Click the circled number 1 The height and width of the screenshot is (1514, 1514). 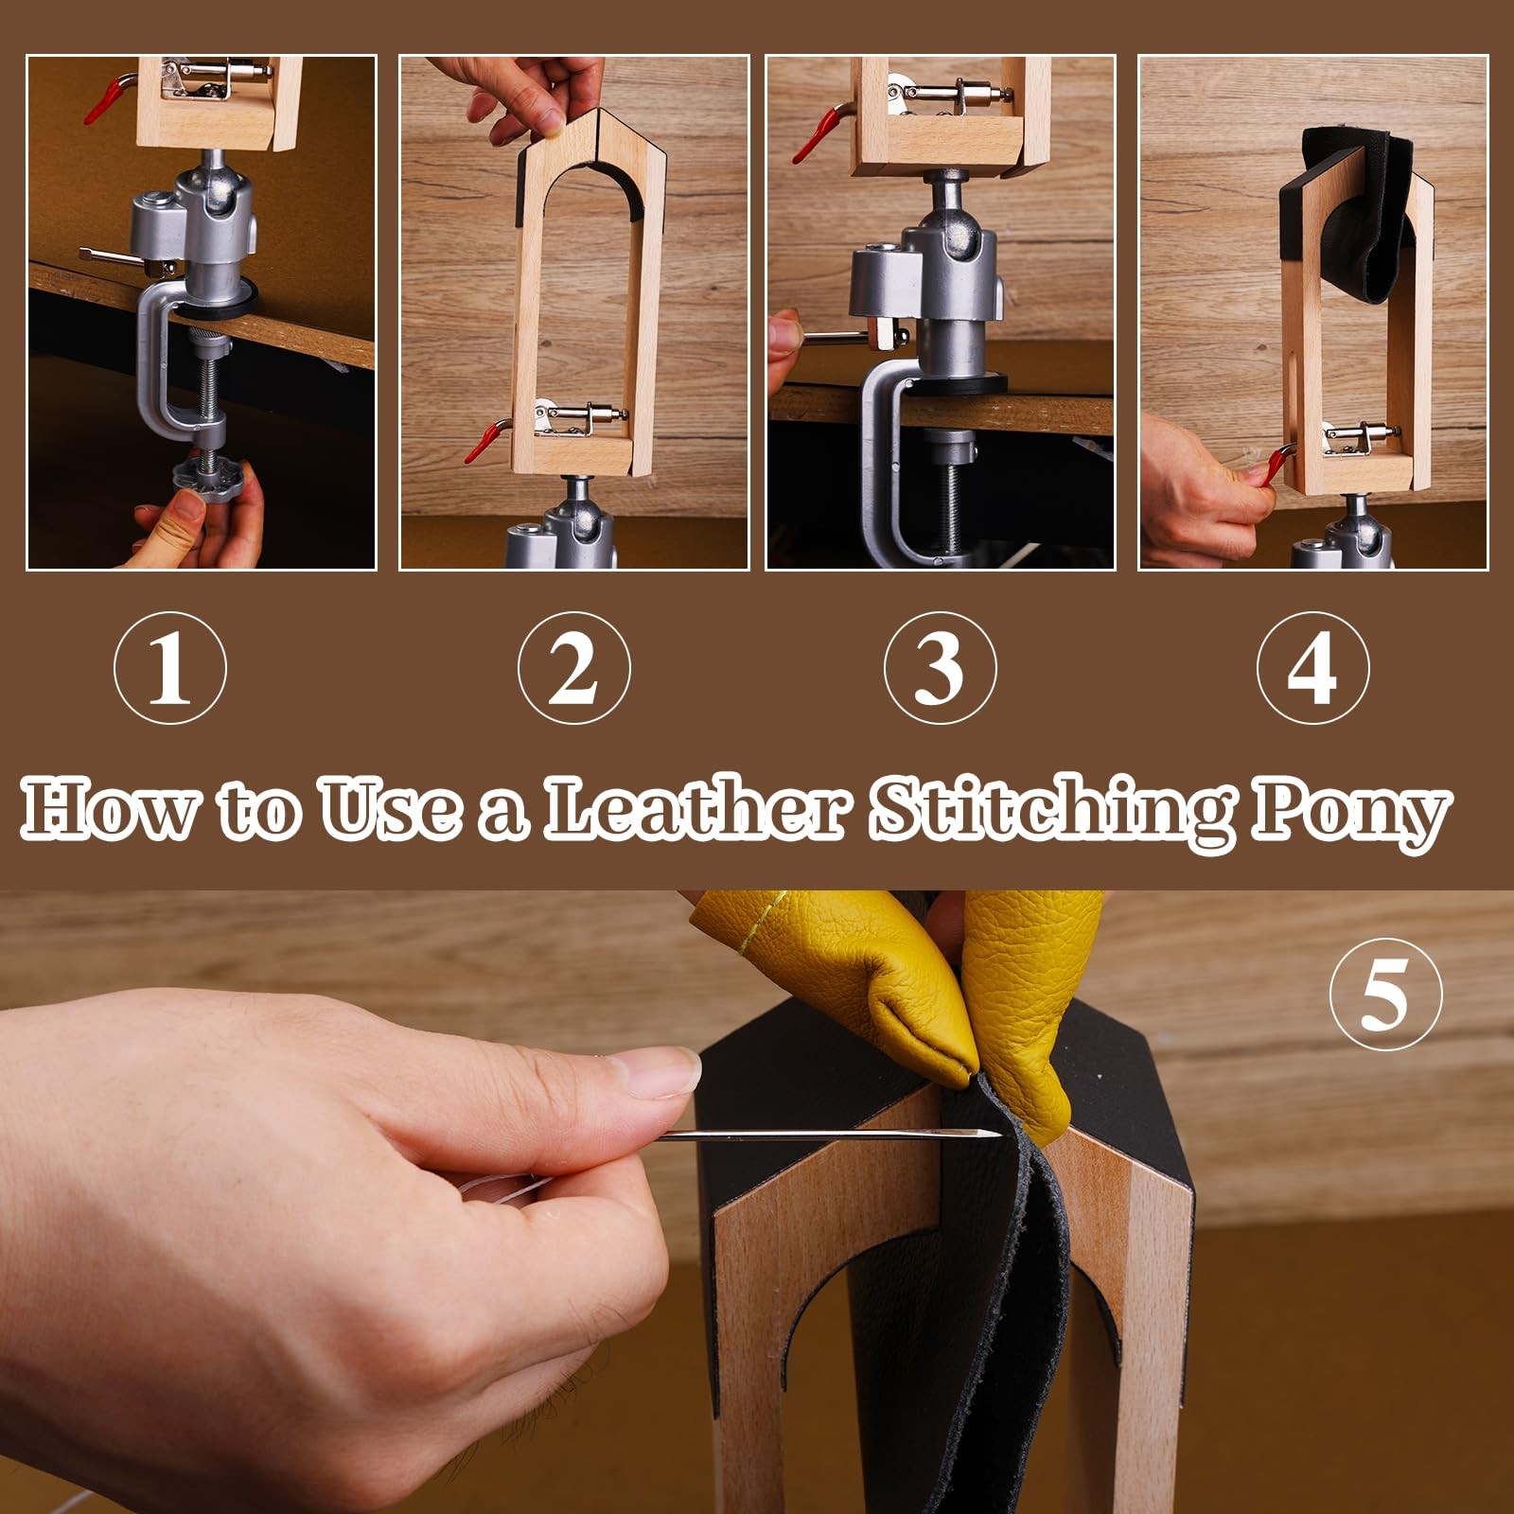(170, 667)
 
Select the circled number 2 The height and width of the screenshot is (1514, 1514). (574, 667)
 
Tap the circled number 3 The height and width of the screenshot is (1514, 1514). (941, 667)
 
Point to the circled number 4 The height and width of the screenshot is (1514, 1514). (1313, 667)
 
